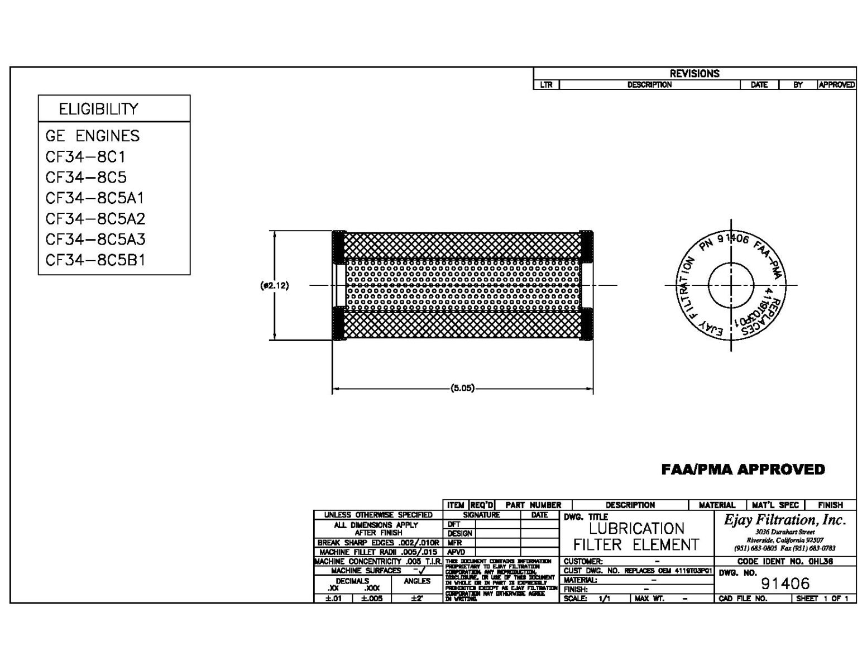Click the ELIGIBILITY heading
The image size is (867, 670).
pos(98,109)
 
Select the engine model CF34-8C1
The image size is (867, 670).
pos(85,156)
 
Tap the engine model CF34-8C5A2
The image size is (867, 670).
pos(95,218)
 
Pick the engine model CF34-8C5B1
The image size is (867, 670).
pos(95,260)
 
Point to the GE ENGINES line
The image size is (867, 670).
pos(93,136)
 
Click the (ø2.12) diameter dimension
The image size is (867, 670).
pos(275,285)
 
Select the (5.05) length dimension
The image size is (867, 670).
pos(462,388)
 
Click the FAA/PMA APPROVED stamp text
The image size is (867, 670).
pos(743,470)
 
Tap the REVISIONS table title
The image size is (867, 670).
pos(694,73)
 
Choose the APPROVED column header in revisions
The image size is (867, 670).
pos(836,85)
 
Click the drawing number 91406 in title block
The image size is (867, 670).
pos(785,583)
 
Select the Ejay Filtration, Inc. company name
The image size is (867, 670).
pos(785,520)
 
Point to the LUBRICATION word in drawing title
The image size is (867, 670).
pos(636,528)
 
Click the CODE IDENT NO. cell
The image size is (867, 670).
pos(785,561)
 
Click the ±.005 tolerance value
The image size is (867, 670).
pos(372,599)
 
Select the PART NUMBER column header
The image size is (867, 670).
pos(533,505)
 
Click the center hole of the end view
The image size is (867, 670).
pos(731,285)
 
